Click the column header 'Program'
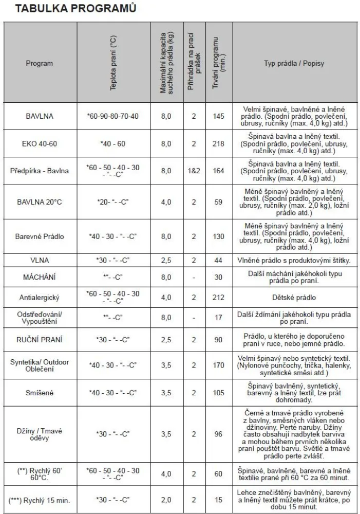pyautogui.click(x=40, y=64)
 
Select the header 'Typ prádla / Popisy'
pyautogui.click(x=294, y=64)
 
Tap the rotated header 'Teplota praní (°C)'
pyautogui.click(x=113, y=64)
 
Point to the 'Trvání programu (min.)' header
pyautogui.click(x=219, y=63)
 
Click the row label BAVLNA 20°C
pyautogui.click(x=40, y=202)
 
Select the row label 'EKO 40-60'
pyautogui.click(x=40, y=144)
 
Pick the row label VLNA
pyautogui.click(x=40, y=261)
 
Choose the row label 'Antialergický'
pyautogui.click(x=40, y=298)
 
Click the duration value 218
pyautogui.click(x=219, y=144)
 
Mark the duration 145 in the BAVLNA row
pyautogui.click(x=219, y=116)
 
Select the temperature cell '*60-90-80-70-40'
pyautogui.click(x=113, y=116)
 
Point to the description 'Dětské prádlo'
pyautogui.click(x=294, y=298)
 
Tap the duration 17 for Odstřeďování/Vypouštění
pyautogui.click(x=219, y=318)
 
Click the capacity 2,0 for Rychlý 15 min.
pyautogui.click(x=166, y=500)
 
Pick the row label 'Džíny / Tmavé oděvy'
pyautogui.click(x=40, y=434)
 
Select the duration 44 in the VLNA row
pyautogui.click(x=219, y=261)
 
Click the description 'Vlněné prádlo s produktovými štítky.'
pyautogui.click(x=294, y=261)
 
